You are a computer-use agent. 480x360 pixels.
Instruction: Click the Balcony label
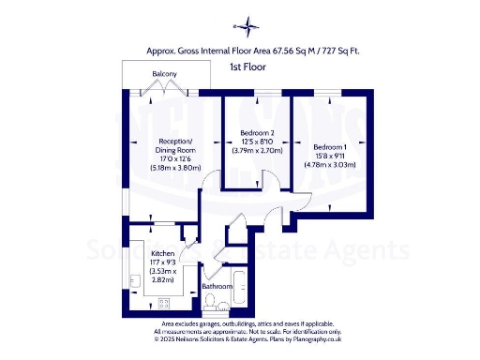pyautogui.click(x=166, y=75)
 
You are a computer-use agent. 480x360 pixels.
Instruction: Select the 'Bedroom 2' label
pyautogui.click(x=257, y=133)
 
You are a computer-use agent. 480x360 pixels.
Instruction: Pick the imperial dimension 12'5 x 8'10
pyautogui.click(x=257, y=142)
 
